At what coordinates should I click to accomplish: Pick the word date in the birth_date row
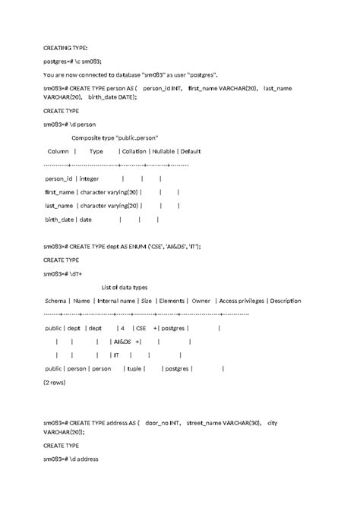tap(85, 219)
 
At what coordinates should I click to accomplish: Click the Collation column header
tap(134, 151)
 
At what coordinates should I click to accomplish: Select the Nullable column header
tap(163, 151)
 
